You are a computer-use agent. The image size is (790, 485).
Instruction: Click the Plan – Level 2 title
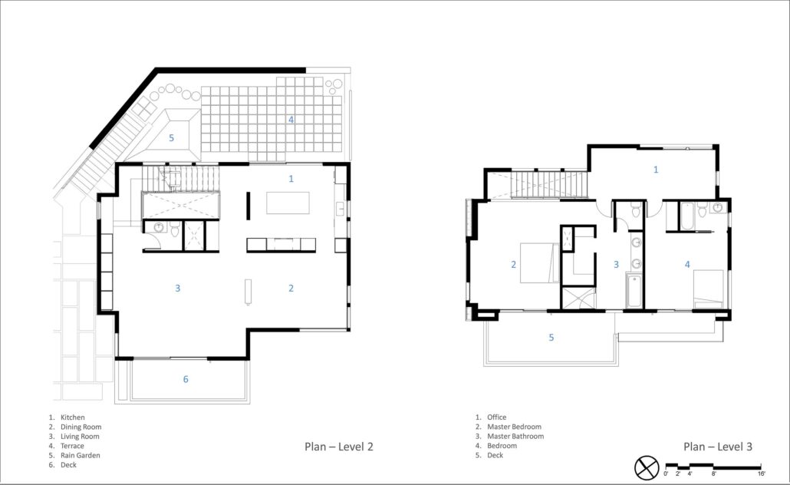coord(338,447)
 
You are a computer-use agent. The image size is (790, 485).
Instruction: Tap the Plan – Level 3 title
coord(717,447)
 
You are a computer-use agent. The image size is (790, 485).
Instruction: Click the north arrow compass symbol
coord(647,468)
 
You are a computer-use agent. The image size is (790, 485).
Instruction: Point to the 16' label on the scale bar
coord(761,473)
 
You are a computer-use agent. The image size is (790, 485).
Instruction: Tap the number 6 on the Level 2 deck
coord(186,379)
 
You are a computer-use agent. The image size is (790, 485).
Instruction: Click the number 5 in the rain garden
coord(171,138)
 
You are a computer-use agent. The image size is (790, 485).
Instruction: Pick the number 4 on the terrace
coord(291,120)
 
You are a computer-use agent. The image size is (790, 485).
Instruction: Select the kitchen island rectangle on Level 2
coord(288,203)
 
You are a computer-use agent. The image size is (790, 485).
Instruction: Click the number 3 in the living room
coord(177,289)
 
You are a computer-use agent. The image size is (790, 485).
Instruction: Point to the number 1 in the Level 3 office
coord(656,170)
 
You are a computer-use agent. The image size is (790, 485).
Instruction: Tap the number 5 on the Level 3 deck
coord(551,338)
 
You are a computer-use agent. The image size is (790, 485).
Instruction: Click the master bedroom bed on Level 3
coord(540,262)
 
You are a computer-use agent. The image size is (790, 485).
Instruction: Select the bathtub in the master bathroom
coord(634,291)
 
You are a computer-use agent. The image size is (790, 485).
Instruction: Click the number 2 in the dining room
coord(291,289)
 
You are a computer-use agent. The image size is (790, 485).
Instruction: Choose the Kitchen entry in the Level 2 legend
coord(67,417)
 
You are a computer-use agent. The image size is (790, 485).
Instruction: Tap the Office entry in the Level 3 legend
coord(491,417)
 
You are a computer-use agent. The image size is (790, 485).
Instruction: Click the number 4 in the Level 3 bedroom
coord(687,264)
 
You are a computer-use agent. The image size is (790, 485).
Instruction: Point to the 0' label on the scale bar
coord(666,473)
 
